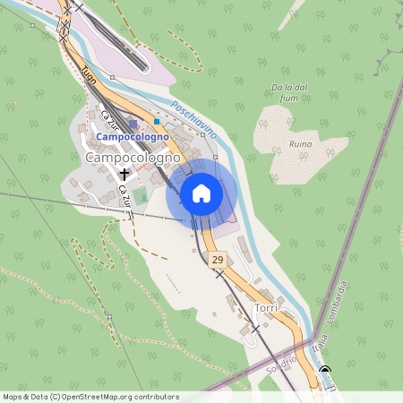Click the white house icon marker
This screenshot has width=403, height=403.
201,193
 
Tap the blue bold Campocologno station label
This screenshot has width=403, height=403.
133,137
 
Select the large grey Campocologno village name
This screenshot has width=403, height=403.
133,157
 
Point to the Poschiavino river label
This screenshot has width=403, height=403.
193,117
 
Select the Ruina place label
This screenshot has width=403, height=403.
300,143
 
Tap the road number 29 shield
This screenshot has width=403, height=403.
218,260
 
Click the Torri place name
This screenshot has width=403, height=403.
266,308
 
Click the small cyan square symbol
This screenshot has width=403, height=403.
157,122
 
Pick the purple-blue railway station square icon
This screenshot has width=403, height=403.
133,124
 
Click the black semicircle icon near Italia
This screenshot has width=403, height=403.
324,371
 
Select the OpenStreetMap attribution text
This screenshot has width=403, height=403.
90,397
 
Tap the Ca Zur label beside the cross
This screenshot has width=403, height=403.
123,193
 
